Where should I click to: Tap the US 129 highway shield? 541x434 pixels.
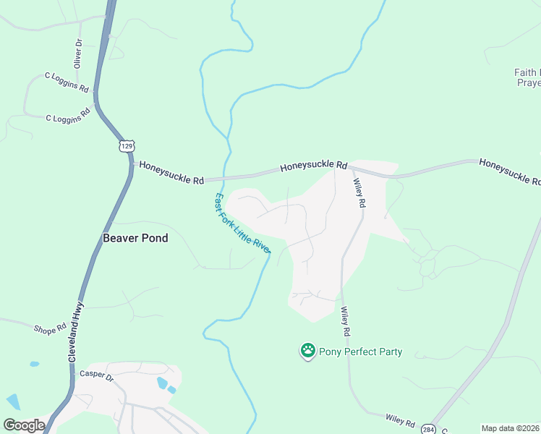[127, 146]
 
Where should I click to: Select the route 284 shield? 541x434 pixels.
[428, 428]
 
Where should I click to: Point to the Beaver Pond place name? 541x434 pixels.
[135, 237]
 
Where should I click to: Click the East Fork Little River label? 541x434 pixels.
[243, 223]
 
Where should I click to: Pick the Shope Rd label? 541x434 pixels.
[49, 329]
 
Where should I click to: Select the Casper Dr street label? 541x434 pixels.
[97, 377]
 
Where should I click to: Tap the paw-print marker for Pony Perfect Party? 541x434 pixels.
[307, 351]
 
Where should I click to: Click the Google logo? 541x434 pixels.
[24, 425]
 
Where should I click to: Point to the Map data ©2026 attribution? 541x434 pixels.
[511, 428]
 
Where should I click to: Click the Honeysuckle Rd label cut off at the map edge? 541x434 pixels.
[509, 171]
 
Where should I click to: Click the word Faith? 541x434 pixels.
[525, 72]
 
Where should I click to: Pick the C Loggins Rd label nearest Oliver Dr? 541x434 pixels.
[67, 81]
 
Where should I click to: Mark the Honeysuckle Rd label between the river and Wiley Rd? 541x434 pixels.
[314, 166]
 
